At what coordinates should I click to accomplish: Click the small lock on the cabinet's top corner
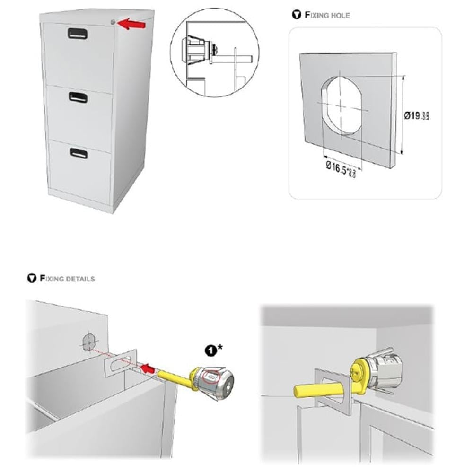click(112, 22)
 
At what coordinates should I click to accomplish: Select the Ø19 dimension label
click(415, 115)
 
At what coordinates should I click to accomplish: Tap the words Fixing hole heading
click(327, 15)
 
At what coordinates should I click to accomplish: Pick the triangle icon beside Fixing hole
click(296, 15)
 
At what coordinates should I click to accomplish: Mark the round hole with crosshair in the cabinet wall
click(89, 342)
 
